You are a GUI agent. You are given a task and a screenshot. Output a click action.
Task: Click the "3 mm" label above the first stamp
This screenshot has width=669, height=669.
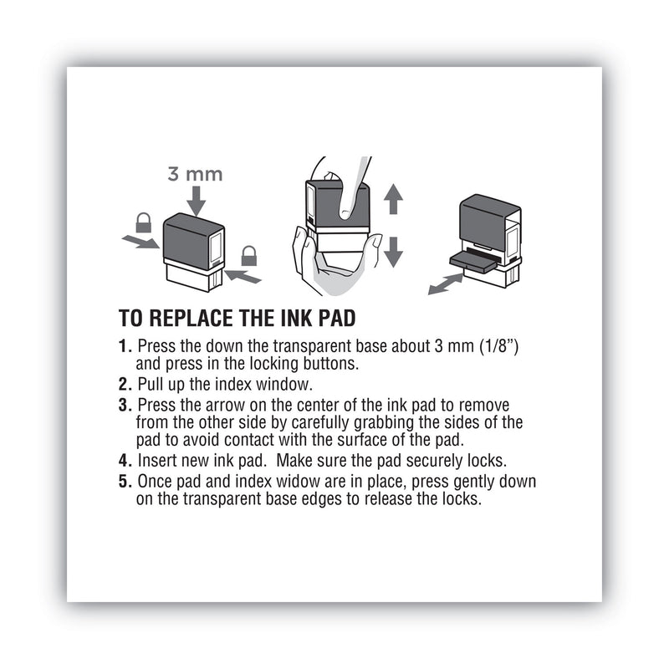(197, 175)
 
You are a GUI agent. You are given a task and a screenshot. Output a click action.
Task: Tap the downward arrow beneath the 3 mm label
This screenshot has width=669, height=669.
(197, 200)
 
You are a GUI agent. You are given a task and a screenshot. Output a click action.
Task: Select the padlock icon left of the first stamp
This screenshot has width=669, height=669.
(143, 222)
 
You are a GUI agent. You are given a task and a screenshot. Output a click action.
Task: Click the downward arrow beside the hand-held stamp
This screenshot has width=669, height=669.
(394, 250)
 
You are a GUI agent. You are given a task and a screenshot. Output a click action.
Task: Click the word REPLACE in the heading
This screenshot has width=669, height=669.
(182, 318)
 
